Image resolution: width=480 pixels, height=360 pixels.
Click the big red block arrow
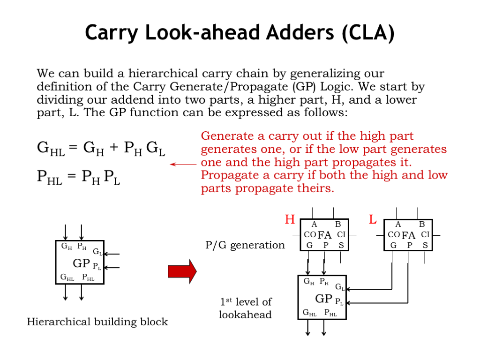point(182,271)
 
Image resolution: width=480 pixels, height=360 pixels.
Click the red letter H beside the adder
point(290,219)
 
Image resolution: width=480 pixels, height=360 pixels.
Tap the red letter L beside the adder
point(373,219)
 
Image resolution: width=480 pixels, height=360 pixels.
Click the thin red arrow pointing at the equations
point(183,164)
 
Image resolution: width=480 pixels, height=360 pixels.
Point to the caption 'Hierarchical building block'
point(97,322)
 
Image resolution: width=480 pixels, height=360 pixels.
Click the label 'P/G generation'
point(245,245)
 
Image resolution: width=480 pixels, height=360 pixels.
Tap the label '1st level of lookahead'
point(245,308)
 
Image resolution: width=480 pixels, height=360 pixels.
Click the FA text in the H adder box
point(324,235)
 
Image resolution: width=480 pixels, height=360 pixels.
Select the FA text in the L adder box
point(408,235)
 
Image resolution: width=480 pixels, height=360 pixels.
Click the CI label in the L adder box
point(425,234)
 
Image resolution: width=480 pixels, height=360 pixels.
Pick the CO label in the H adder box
point(310,234)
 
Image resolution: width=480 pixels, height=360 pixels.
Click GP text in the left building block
point(81,263)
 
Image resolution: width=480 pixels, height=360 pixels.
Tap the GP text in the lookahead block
point(323,299)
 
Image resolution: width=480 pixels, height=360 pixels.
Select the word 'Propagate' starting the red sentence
point(225,176)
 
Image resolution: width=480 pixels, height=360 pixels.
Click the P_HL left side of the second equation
point(49,178)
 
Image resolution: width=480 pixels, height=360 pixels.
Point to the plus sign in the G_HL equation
point(113,149)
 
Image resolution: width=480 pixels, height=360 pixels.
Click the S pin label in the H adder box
point(341,245)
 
